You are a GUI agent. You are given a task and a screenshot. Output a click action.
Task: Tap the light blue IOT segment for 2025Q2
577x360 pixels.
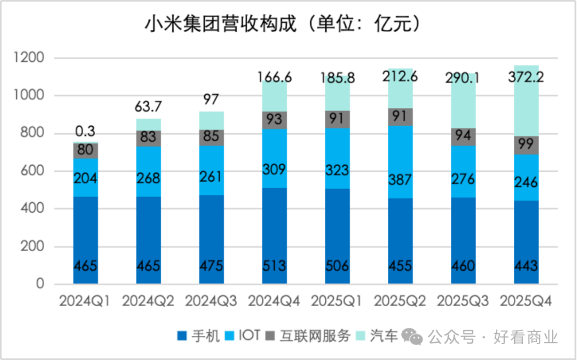pyautogui.click(x=400, y=160)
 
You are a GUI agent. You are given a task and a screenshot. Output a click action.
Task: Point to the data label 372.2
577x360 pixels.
pyautogui.click(x=526, y=78)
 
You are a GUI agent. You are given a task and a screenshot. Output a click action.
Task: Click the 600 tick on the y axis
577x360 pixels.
pyautogui.click(x=33, y=171)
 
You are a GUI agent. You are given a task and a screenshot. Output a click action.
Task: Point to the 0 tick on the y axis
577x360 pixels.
pyautogui.click(x=40, y=285)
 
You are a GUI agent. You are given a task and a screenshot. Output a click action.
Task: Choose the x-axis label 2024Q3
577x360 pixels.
pyautogui.click(x=212, y=301)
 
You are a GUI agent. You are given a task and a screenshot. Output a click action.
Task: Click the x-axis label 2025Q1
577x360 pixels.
pyautogui.click(x=338, y=301)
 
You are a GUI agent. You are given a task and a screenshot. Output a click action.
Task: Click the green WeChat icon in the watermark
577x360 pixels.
pyautogui.click(x=412, y=336)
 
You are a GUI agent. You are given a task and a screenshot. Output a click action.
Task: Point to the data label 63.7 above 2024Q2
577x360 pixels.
pyautogui.click(x=149, y=107)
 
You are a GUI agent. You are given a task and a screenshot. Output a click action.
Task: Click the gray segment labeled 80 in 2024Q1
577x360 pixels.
pyautogui.click(x=85, y=151)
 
